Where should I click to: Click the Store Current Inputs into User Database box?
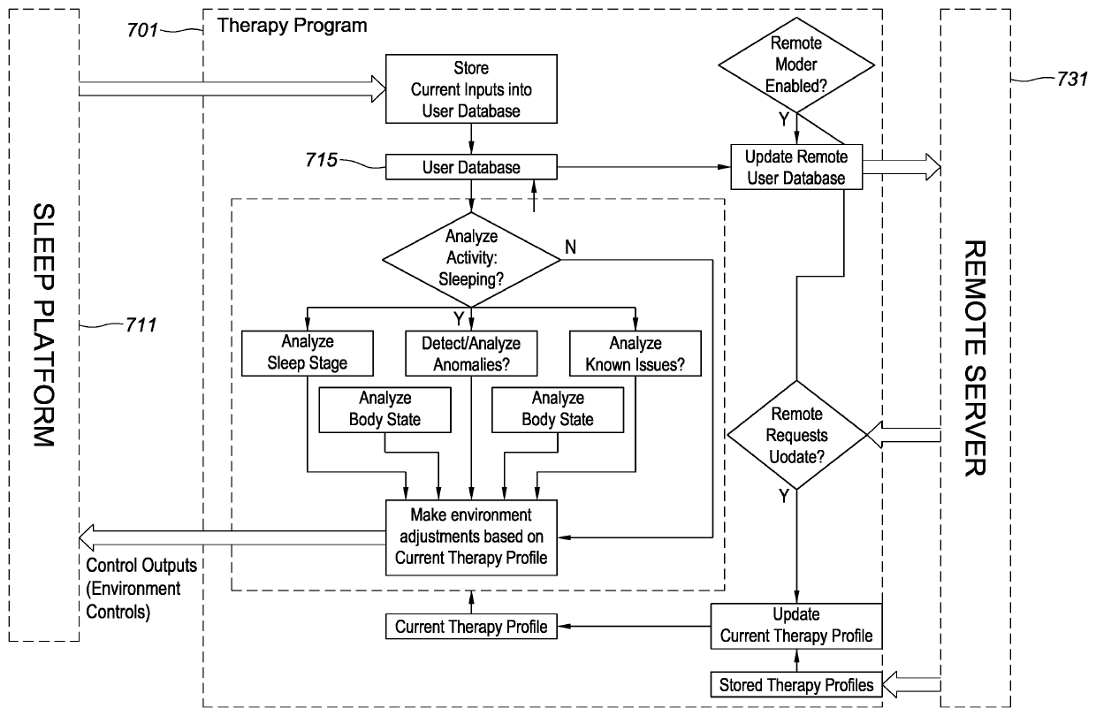pyautogui.click(x=471, y=89)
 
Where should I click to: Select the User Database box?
pyautogui.click(x=471, y=167)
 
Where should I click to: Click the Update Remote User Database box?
pyautogui.click(x=795, y=167)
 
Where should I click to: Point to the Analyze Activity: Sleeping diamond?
pyautogui.click(x=472, y=257)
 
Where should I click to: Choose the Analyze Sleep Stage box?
pyautogui.click(x=308, y=351)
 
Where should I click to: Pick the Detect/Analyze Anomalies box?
pyautogui.click(x=471, y=351)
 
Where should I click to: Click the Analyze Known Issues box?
pyautogui.click(x=635, y=351)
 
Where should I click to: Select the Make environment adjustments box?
pyautogui.click(x=471, y=536)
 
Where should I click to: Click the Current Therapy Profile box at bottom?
pyautogui.click(x=471, y=628)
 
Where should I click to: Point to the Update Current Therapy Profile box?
pyautogui.click(x=796, y=625)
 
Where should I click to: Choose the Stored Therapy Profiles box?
pyautogui.click(x=796, y=684)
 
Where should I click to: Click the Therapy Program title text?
pyautogui.click(x=292, y=26)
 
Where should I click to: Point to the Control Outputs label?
pyautogui.click(x=141, y=566)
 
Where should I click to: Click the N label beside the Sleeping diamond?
pyautogui.click(x=571, y=247)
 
